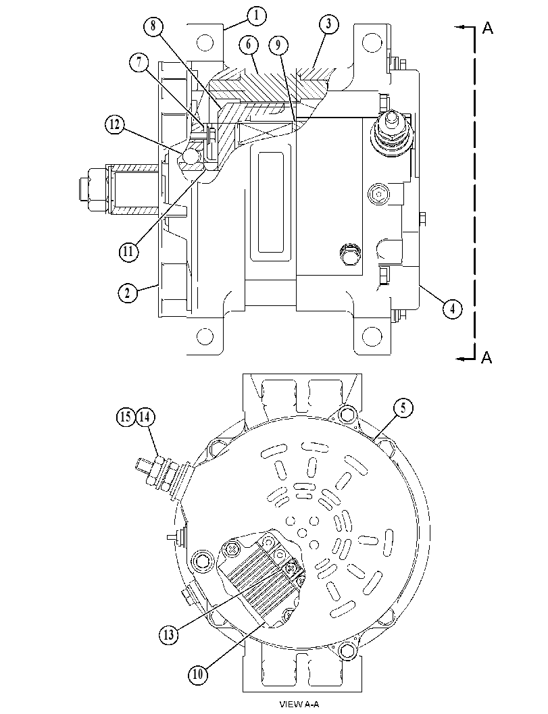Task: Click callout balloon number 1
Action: [x=257, y=16]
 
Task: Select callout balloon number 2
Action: [x=127, y=292]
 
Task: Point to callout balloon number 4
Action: [x=452, y=309]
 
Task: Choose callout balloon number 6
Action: [x=248, y=44]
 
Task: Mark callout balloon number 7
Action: [x=139, y=62]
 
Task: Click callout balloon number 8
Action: [x=153, y=26]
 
